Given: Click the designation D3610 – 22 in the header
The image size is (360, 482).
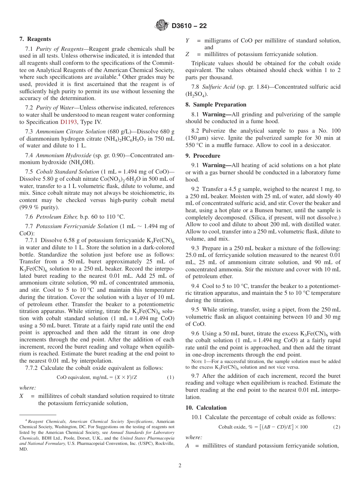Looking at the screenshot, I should pos(189,26).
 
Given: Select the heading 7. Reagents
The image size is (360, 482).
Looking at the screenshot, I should pos(35,39).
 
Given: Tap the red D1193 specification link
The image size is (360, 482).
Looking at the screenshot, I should pos(69,122).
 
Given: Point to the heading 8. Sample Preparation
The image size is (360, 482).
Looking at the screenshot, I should pos(216,105).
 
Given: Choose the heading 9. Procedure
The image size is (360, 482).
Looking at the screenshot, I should pos(203,156).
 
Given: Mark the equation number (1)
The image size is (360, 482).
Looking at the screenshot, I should pos(171,377).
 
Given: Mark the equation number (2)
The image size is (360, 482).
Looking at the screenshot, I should pos(337,427).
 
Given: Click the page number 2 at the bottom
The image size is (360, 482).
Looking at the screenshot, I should pos(180,466).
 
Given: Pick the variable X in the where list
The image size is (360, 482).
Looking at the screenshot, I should pos(21,396).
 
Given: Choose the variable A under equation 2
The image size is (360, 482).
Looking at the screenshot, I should pos(187,446).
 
